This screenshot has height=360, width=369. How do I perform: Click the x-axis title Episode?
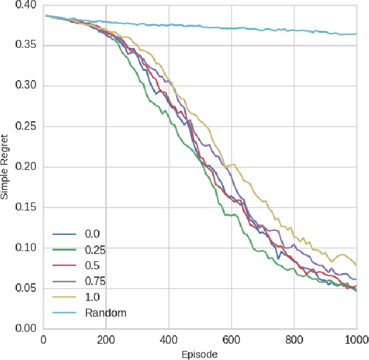[x=199, y=354]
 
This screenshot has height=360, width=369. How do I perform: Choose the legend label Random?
[x=105, y=313]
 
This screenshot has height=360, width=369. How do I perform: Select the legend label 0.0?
[x=92, y=234]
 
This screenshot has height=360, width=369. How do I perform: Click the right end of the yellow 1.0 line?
[x=356, y=265]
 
